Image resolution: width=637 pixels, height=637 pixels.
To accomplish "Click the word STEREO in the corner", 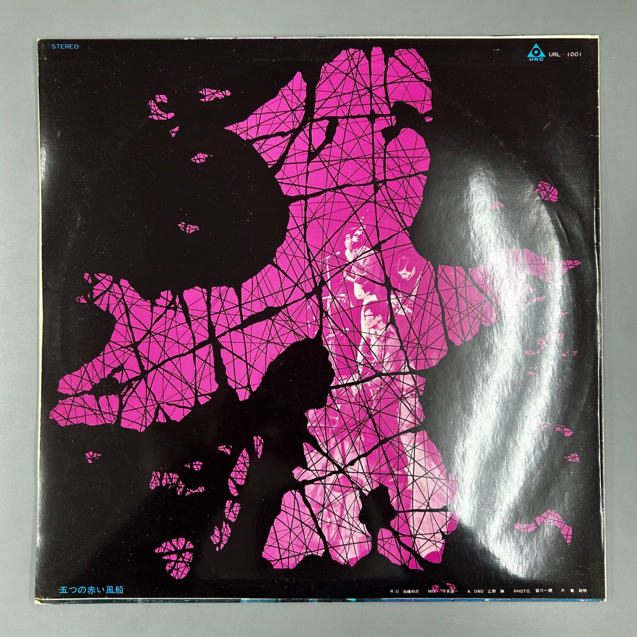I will tap(65, 47).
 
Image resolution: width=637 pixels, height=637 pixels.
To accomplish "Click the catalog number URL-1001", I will tap(565, 54).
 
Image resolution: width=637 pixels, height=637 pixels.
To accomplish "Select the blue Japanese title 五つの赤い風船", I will tap(91, 589).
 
